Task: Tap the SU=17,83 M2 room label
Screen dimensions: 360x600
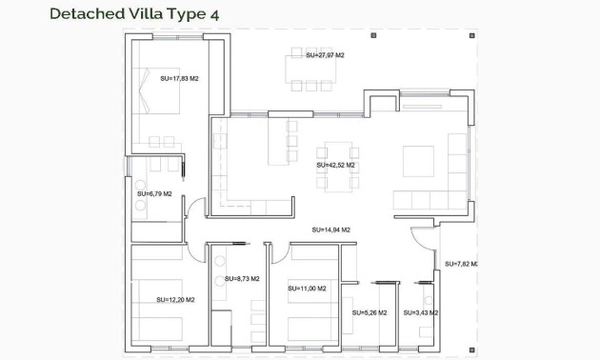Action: (x=179, y=79)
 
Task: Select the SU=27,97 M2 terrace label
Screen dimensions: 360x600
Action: (x=325, y=56)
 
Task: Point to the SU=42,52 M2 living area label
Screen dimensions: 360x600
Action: (x=335, y=165)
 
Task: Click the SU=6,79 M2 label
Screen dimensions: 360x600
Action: (x=153, y=193)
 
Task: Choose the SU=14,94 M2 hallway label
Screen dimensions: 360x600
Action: (x=331, y=230)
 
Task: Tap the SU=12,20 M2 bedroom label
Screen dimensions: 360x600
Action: (x=175, y=300)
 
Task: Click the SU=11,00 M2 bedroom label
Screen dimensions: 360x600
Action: (x=307, y=288)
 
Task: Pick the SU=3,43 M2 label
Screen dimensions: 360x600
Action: (x=419, y=312)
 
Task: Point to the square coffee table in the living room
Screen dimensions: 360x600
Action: (x=419, y=160)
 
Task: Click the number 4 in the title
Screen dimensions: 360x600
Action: (x=226, y=13)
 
